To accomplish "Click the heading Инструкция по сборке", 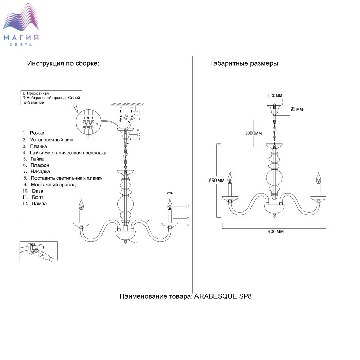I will (x=63, y=64).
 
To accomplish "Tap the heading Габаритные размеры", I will (x=245, y=64).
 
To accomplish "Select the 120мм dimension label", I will (x=276, y=96).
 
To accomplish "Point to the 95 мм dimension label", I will (x=296, y=109).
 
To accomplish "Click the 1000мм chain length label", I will (x=254, y=133).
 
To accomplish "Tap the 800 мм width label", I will (x=276, y=231).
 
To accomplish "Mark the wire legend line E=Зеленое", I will (x=33, y=103).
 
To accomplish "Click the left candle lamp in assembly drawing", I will (x=81, y=211).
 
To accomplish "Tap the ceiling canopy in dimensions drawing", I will (x=276, y=107).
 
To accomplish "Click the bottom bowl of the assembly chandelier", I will (x=127, y=236).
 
